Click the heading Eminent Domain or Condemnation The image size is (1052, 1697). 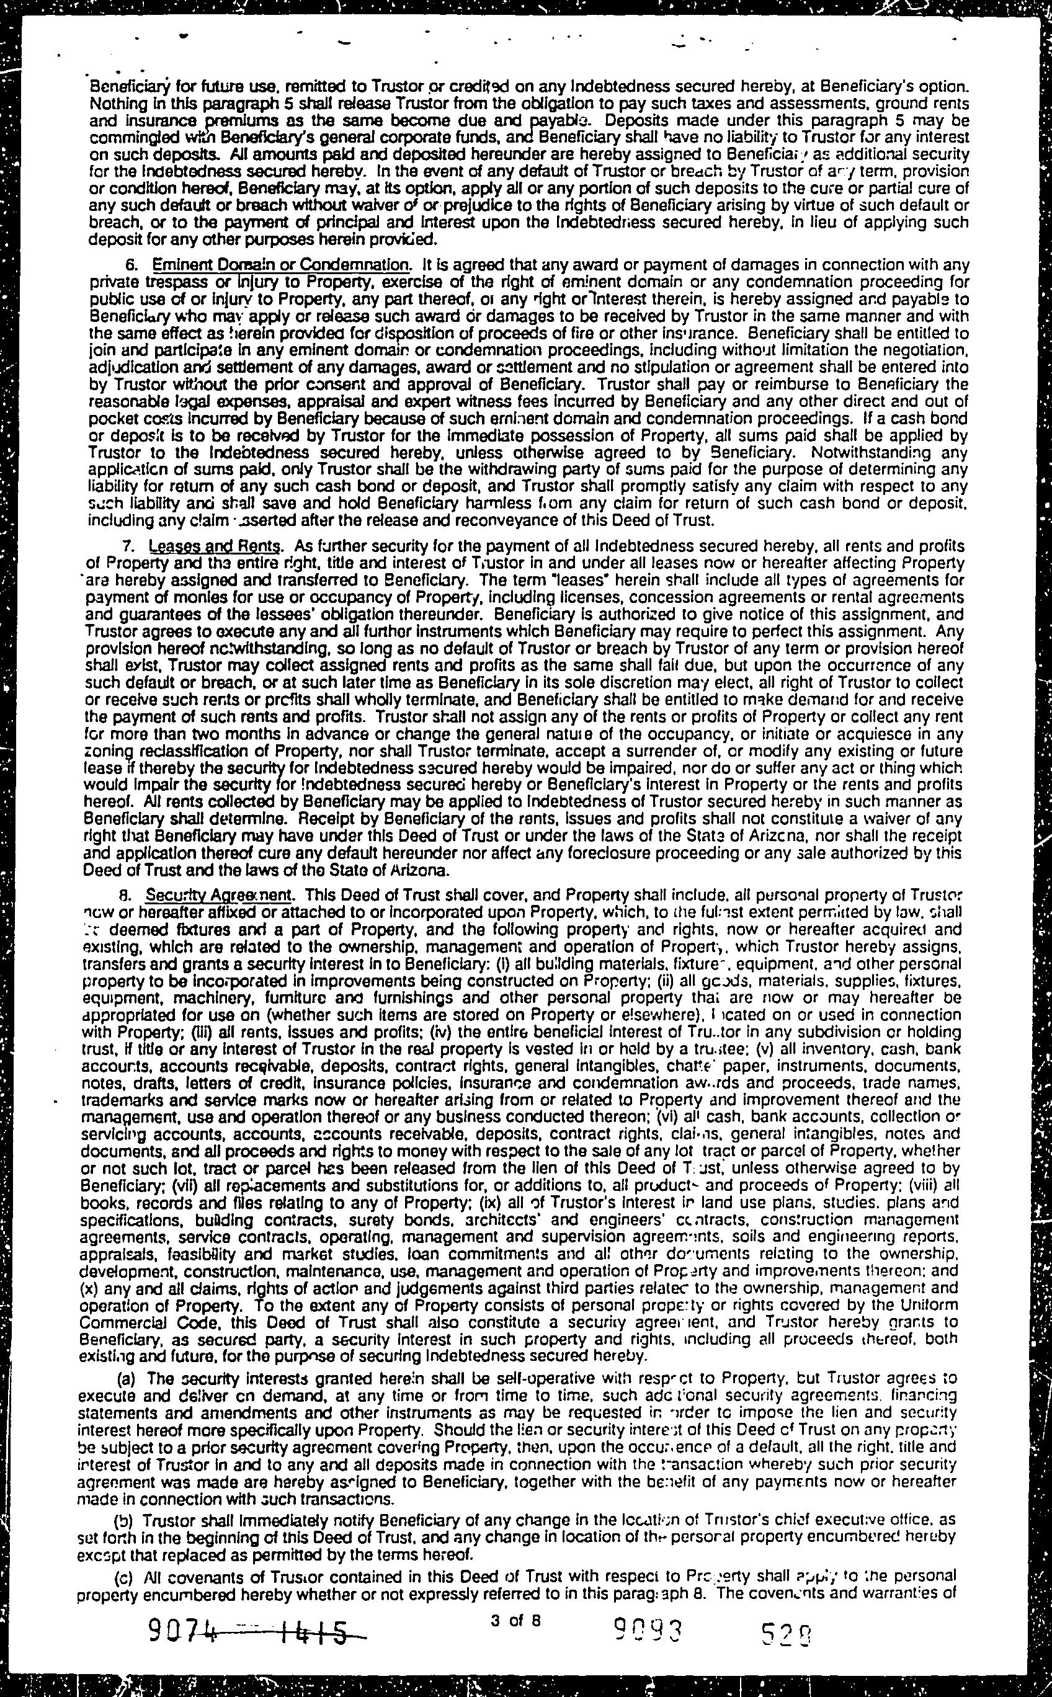[x=281, y=265]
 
